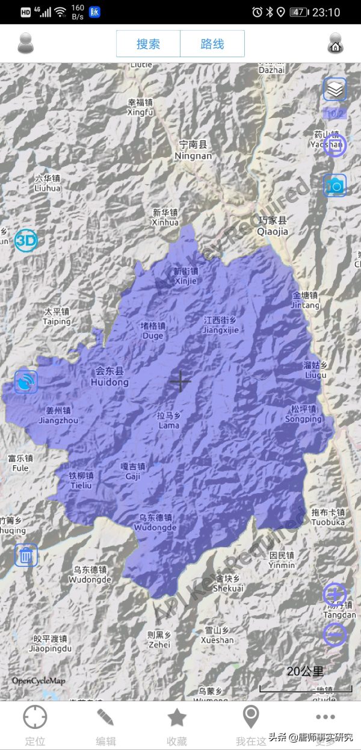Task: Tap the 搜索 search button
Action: (148, 44)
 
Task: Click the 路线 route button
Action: (212, 44)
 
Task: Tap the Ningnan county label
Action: (193, 150)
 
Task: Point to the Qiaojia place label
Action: (273, 226)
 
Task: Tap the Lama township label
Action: (169, 421)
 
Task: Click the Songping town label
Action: (303, 414)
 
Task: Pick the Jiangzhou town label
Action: (58, 415)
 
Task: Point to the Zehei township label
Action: (159, 639)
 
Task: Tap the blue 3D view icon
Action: (26, 241)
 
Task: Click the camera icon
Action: (335, 186)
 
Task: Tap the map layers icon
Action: (335, 89)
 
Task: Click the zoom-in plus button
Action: (335, 595)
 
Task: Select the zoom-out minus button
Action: (335, 634)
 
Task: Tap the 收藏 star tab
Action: (177, 725)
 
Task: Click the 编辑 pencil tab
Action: (106, 725)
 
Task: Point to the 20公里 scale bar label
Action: (305, 671)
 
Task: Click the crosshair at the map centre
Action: (180, 381)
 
